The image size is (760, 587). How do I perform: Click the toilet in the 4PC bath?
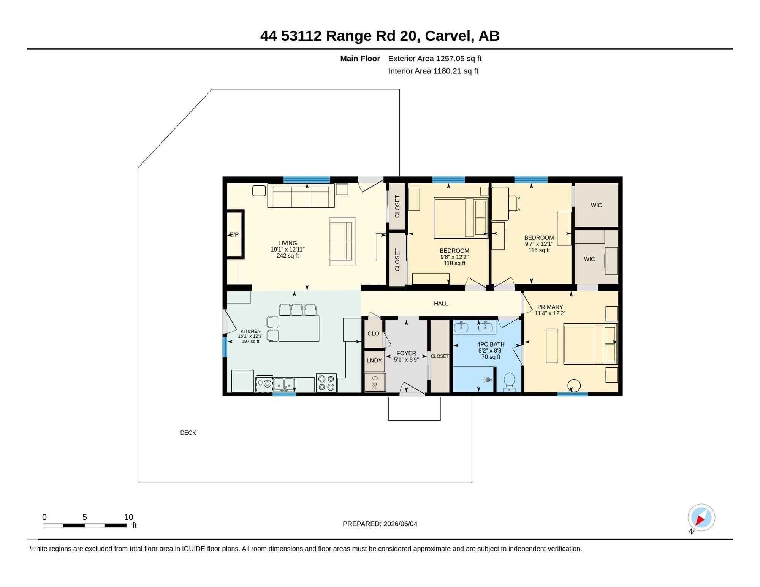tap(509, 382)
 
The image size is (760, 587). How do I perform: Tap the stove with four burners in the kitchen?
tap(326, 383)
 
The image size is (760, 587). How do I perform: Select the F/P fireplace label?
tap(234, 234)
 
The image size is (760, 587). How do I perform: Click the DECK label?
tap(188, 432)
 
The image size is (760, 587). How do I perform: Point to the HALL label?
tap(441, 304)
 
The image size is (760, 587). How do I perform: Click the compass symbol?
tap(701, 517)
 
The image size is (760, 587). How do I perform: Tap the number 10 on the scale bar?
tap(128, 517)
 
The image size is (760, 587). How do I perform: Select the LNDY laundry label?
tap(374, 361)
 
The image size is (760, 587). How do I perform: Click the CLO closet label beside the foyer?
tap(373, 334)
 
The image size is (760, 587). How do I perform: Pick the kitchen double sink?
tap(284, 384)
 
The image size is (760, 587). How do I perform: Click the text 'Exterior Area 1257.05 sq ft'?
tap(435, 59)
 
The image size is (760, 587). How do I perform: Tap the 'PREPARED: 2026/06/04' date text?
tap(380, 524)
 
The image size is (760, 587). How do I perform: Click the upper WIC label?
tap(596, 205)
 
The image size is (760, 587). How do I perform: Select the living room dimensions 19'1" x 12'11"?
tap(288, 250)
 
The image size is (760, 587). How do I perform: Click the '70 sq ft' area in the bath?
tap(491, 357)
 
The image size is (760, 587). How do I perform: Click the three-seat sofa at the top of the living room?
tap(301, 196)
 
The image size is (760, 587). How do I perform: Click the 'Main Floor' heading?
tap(360, 59)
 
